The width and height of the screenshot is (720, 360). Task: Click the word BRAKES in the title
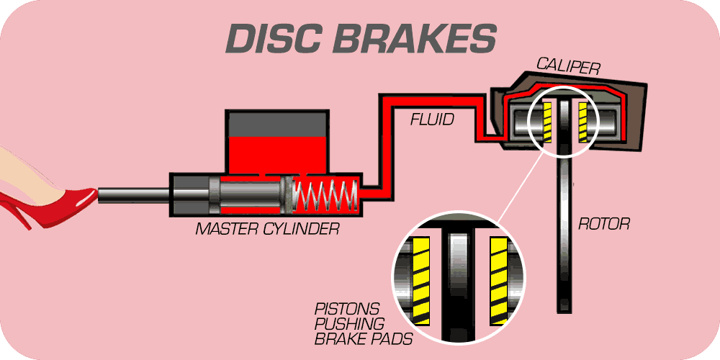tap(415, 37)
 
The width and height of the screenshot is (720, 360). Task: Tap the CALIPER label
tap(568, 67)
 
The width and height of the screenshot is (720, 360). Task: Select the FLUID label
tap(432, 120)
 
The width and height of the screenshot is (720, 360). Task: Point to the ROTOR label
tap(604, 224)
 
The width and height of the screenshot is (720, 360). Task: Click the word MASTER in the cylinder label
tap(228, 230)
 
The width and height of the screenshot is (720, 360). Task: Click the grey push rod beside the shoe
tap(133, 194)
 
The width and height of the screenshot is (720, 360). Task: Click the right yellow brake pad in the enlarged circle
tap(498, 277)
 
